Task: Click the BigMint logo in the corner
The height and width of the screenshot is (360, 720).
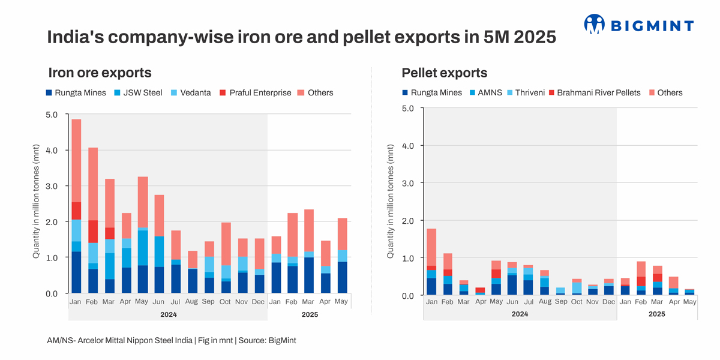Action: (638, 25)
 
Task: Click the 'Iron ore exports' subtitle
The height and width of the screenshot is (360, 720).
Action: (100, 73)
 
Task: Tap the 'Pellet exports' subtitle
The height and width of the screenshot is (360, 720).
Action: (444, 73)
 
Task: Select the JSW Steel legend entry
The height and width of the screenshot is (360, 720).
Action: (139, 92)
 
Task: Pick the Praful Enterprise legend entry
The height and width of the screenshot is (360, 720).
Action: (254, 92)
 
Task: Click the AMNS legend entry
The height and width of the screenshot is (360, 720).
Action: (488, 92)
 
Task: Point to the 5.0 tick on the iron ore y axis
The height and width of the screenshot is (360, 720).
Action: (51, 114)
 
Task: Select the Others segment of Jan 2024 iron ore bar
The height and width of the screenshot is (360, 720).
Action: (76, 161)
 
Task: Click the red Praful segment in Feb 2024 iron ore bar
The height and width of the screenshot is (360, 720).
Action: (93, 232)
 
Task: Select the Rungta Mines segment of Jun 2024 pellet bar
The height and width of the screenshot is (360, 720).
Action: (512, 284)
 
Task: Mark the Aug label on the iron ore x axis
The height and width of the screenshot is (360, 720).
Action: (192, 301)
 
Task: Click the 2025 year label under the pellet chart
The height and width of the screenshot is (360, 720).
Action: (657, 314)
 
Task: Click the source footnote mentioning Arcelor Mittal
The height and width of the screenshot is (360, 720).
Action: (172, 340)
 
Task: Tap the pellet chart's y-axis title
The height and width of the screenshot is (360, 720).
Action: (391, 201)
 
